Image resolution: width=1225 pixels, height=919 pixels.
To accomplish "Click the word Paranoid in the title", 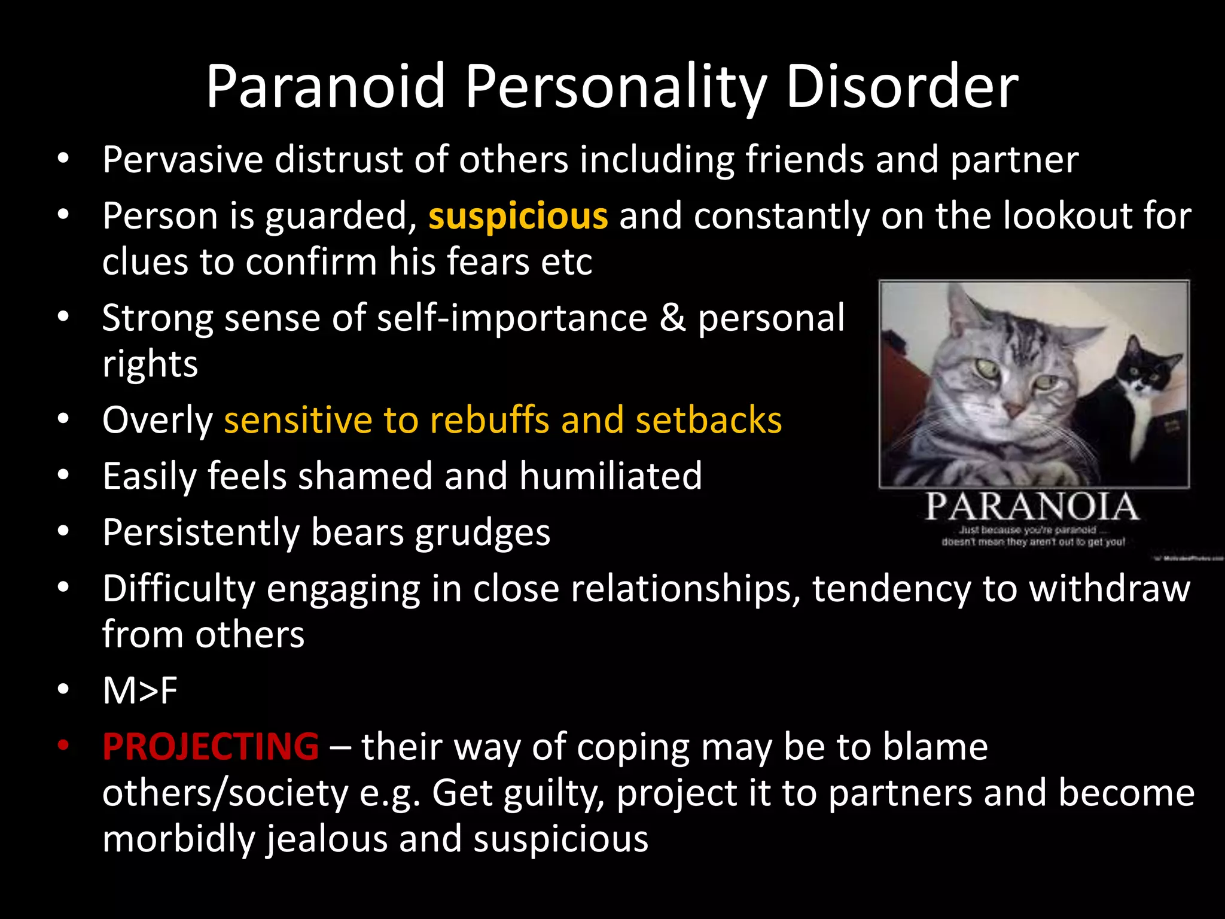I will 326,87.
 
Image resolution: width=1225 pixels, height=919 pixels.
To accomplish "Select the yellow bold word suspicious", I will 518,216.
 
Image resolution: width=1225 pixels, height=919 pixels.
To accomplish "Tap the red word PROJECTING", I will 211,747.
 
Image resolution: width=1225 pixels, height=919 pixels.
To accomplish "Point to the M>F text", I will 140,690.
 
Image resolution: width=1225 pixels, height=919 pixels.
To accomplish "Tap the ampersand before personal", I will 672,318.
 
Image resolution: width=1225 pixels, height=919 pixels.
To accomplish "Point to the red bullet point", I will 63,746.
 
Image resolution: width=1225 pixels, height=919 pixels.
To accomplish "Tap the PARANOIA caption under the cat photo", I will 1032,507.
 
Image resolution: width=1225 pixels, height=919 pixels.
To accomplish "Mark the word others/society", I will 226,793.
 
